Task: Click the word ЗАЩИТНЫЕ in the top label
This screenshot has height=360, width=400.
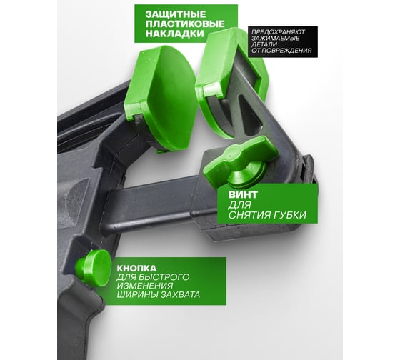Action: point(176,14)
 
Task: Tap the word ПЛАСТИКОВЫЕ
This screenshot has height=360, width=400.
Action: point(185,24)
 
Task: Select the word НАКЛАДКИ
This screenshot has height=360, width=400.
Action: point(175,34)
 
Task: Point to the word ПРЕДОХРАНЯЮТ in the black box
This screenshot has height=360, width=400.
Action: point(279,32)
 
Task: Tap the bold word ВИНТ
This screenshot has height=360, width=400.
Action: point(243,195)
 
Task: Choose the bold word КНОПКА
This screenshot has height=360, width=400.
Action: point(136,269)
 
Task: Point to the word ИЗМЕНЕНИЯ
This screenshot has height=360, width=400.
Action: point(144,286)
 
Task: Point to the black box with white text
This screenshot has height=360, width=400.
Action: point(283,41)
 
